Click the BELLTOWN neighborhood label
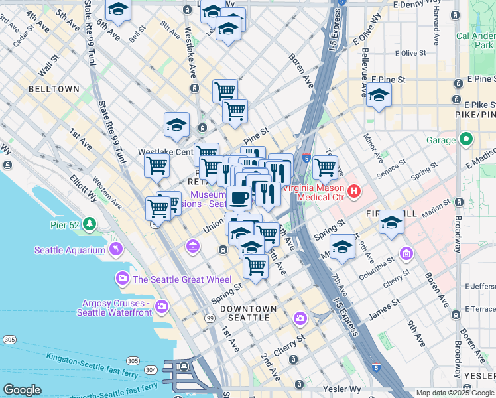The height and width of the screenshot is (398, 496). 54,89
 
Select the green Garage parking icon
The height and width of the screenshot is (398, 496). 466,140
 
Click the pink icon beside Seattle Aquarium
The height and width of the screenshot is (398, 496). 117,250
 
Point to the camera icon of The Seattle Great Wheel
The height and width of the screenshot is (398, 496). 122,279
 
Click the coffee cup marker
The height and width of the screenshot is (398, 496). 239,197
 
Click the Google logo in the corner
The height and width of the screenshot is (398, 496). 22,390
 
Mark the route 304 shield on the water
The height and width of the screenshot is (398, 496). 153,369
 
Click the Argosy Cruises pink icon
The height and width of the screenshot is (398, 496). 162,307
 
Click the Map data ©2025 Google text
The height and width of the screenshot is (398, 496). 455,393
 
